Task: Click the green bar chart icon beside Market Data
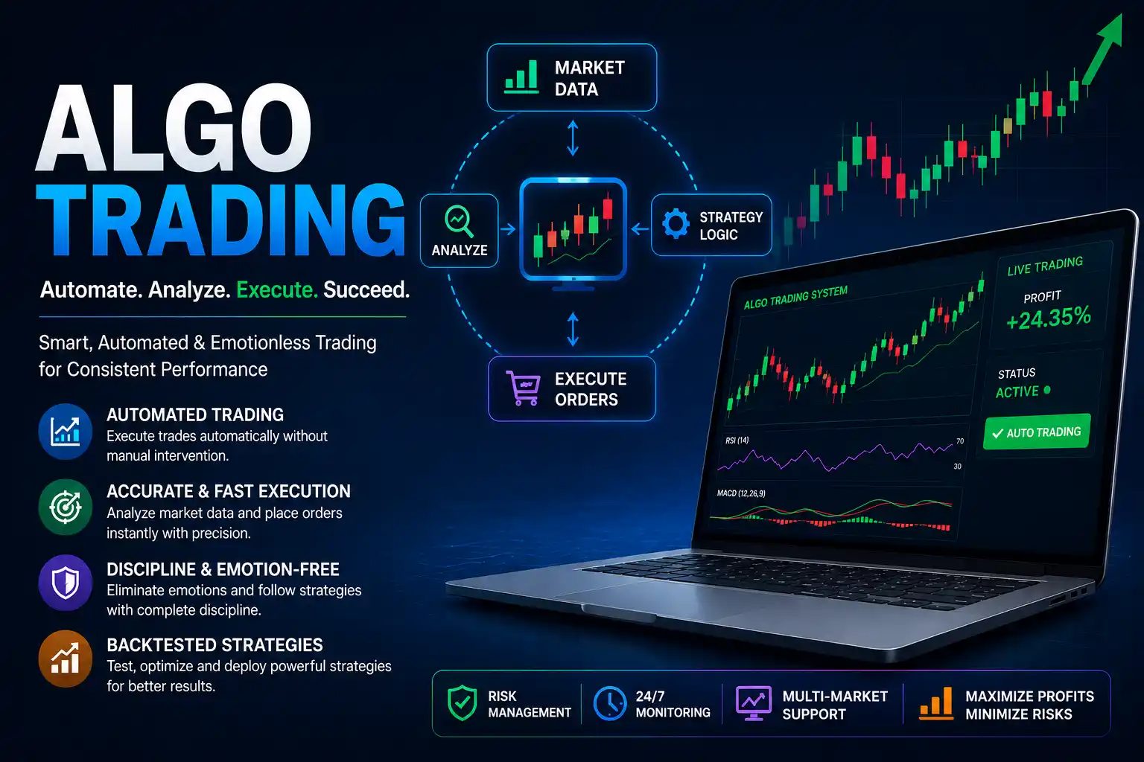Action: tap(521, 77)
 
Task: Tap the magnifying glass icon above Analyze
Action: tap(459, 221)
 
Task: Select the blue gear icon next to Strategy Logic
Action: tap(676, 223)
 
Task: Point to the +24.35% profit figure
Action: tap(1048, 318)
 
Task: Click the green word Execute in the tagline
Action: tap(277, 289)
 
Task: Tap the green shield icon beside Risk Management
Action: tap(462, 702)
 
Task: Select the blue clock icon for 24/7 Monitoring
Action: tap(610, 703)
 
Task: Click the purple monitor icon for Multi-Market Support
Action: tap(753, 703)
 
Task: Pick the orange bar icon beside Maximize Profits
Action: tap(935, 703)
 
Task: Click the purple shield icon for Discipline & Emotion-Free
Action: tap(66, 583)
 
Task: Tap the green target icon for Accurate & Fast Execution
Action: tap(66, 507)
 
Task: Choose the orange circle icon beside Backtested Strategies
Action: tap(66, 659)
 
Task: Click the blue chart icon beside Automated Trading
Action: tap(66, 432)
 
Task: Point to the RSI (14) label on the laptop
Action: tap(737, 440)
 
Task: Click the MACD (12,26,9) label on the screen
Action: tap(741, 493)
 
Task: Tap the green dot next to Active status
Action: tap(1047, 390)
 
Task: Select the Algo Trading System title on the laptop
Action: tap(795, 298)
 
